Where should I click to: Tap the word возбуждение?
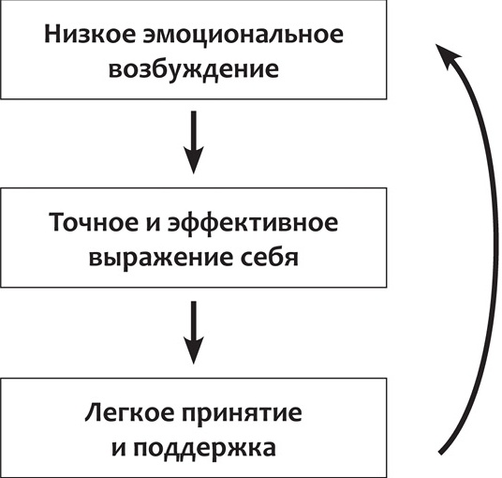pyautogui.click(x=194, y=69)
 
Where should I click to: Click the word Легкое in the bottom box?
pyautogui.click(x=125, y=412)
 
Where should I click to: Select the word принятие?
pyautogui.click(x=240, y=413)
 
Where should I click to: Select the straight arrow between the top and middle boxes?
pyautogui.click(x=192, y=142)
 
